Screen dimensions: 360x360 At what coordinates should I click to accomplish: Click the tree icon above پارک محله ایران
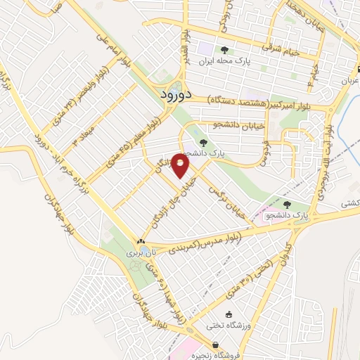tap(224, 50)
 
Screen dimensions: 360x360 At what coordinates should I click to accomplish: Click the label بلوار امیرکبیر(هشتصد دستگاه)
tap(257, 103)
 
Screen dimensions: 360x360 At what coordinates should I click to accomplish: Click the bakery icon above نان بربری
tap(130, 240)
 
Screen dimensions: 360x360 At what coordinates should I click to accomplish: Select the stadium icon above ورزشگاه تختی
tap(228, 313)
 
